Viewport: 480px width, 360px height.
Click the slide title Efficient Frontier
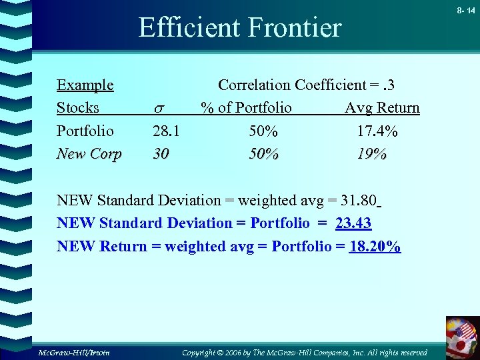coord(239,28)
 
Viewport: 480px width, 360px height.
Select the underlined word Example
coord(85,85)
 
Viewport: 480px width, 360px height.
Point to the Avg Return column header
coord(382,108)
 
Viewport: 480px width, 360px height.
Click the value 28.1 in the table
coord(166,131)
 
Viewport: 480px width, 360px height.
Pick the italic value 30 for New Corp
coord(161,154)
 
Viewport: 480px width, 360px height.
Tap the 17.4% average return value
coord(377,131)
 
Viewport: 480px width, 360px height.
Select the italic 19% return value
coord(371,154)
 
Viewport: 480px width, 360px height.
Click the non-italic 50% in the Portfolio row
coord(263,131)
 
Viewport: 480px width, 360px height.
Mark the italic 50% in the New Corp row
coord(263,154)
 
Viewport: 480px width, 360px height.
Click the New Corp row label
coord(89,154)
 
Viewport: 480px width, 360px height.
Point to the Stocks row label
coord(77,108)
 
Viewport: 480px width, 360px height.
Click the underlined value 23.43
coord(353,223)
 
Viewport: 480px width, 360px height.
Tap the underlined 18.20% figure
coord(375,246)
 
